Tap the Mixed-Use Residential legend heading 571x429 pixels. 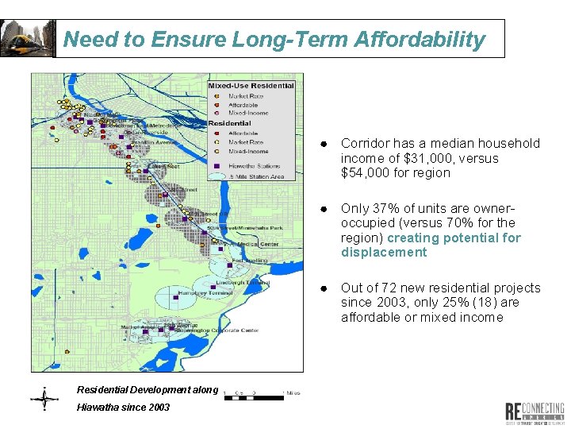[251, 86]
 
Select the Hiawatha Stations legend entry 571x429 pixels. [253, 165]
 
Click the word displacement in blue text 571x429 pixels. [384, 252]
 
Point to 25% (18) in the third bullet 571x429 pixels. [470, 303]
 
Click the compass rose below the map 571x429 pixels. [44, 398]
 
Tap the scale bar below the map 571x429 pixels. [254, 394]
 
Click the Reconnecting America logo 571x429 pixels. [535, 412]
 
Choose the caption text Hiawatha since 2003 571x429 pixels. [123, 407]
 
